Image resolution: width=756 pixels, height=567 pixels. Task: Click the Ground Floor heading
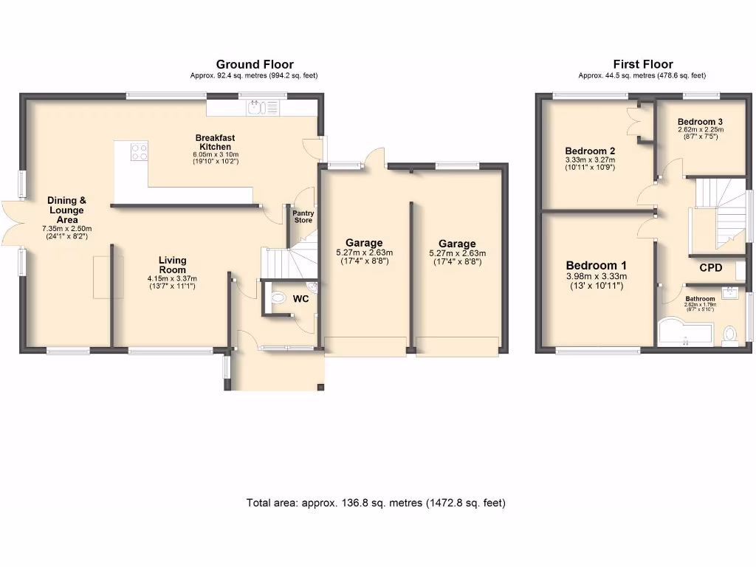[x=255, y=65]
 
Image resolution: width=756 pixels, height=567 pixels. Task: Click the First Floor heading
[x=642, y=65]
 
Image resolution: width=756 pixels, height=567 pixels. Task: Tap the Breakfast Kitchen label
[x=215, y=142]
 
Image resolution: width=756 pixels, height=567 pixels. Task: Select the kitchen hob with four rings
[x=139, y=151]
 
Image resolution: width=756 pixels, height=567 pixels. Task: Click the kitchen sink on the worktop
[x=258, y=109]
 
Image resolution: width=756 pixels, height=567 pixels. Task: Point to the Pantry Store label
[x=303, y=217]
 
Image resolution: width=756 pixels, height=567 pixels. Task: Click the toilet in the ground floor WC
[x=278, y=299]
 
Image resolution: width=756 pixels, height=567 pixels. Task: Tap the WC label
[x=301, y=299]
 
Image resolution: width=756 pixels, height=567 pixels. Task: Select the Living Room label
[x=172, y=264]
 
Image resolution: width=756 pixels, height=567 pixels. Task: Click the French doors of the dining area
[x=10, y=222]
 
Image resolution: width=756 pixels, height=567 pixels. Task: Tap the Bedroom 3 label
[x=700, y=122]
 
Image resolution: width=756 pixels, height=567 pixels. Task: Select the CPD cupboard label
[x=710, y=268]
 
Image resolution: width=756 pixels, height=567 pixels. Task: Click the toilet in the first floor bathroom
[x=731, y=335]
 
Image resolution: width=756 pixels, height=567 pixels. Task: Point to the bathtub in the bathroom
[x=684, y=333]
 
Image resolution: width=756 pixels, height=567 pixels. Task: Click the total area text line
[x=376, y=503]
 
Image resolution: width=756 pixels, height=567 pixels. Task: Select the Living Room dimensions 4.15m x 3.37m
[x=172, y=278]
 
